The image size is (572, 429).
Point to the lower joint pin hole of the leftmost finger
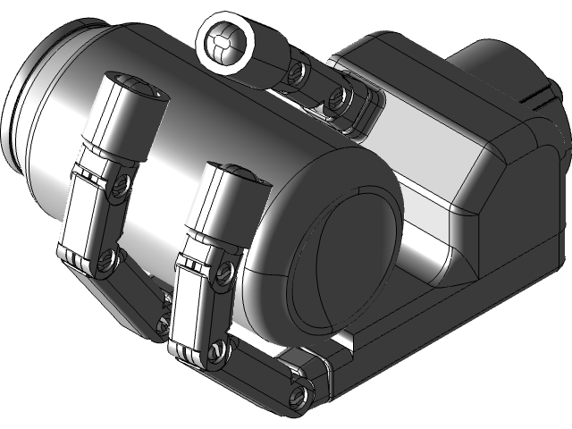pos(108,259)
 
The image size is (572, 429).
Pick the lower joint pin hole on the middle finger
pos(214,351)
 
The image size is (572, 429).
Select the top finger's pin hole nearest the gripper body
pos(338,100)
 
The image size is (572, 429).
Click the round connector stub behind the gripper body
pos(500,71)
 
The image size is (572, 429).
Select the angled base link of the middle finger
pos(259,371)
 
